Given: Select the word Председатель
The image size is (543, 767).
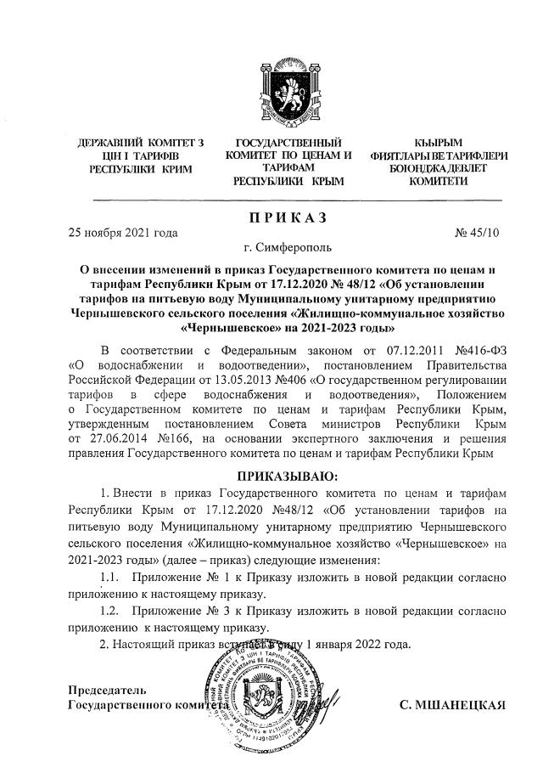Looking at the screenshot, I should (x=101, y=689).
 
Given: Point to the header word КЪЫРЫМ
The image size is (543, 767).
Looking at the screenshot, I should (x=438, y=142).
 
